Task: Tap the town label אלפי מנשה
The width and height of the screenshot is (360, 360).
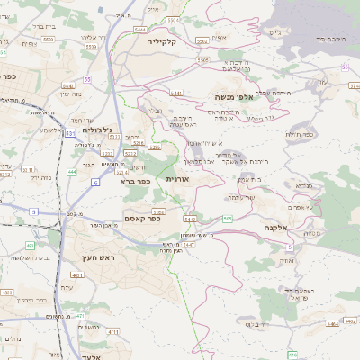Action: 236,96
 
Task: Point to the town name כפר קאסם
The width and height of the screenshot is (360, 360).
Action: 166,216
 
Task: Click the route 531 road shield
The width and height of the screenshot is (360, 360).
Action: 70,133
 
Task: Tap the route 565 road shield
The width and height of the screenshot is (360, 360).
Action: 228,219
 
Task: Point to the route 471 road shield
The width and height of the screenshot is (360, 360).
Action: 80,316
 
